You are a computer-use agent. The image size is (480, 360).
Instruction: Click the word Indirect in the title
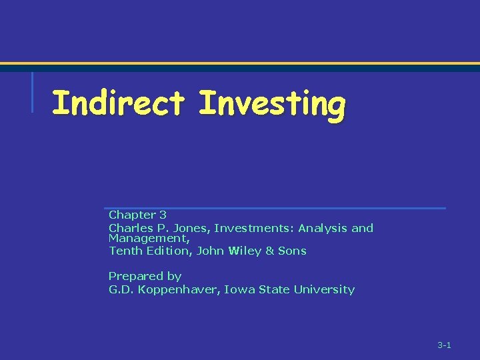118,104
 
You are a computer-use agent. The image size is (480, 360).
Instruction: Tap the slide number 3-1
444,345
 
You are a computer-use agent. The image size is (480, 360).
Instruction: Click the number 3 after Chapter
163,215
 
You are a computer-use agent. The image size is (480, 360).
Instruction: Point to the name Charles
128,228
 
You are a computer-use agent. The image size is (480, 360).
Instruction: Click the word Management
149,238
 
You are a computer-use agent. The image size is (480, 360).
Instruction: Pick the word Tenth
124,251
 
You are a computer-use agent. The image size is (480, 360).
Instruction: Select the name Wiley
245,251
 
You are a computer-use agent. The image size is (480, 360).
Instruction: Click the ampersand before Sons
270,251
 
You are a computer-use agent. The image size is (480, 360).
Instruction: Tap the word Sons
292,251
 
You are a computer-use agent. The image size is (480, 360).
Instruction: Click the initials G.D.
121,289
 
